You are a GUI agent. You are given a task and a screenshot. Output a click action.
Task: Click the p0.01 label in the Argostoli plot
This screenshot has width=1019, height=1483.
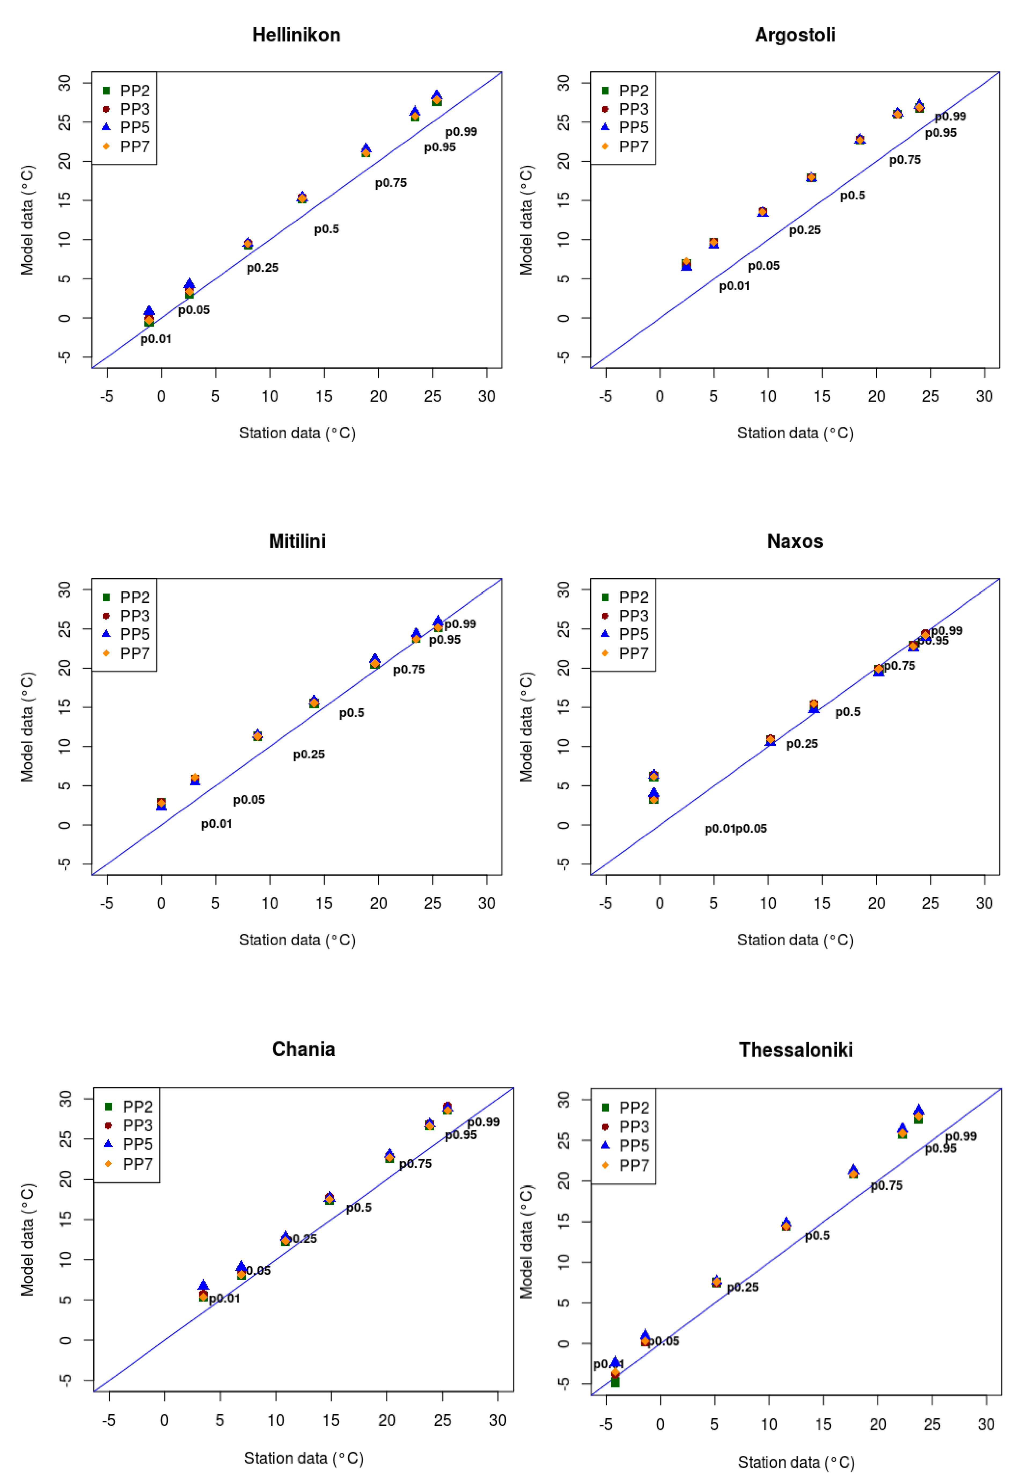click(x=734, y=286)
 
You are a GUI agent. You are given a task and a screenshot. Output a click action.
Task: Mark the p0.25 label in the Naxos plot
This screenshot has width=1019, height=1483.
click(x=802, y=744)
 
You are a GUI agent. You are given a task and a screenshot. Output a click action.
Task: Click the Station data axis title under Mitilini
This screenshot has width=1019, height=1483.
click(x=297, y=939)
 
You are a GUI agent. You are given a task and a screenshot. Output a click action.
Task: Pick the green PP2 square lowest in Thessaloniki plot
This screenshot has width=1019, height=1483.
click(x=615, y=1382)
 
